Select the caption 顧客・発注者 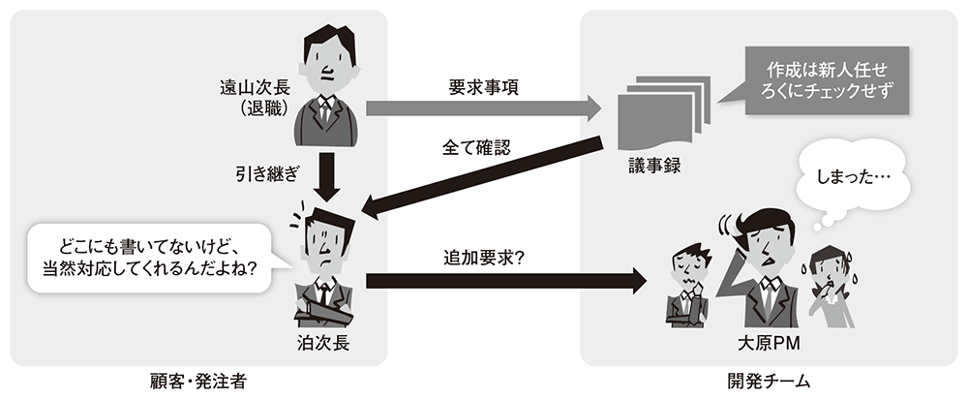(x=199, y=382)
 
